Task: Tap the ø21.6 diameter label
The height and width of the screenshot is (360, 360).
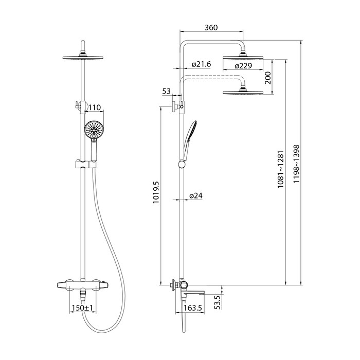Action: (x=201, y=64)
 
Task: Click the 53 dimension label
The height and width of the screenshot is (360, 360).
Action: (x=167, y=92)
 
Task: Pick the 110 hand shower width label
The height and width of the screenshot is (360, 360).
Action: (x=94, y=107)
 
